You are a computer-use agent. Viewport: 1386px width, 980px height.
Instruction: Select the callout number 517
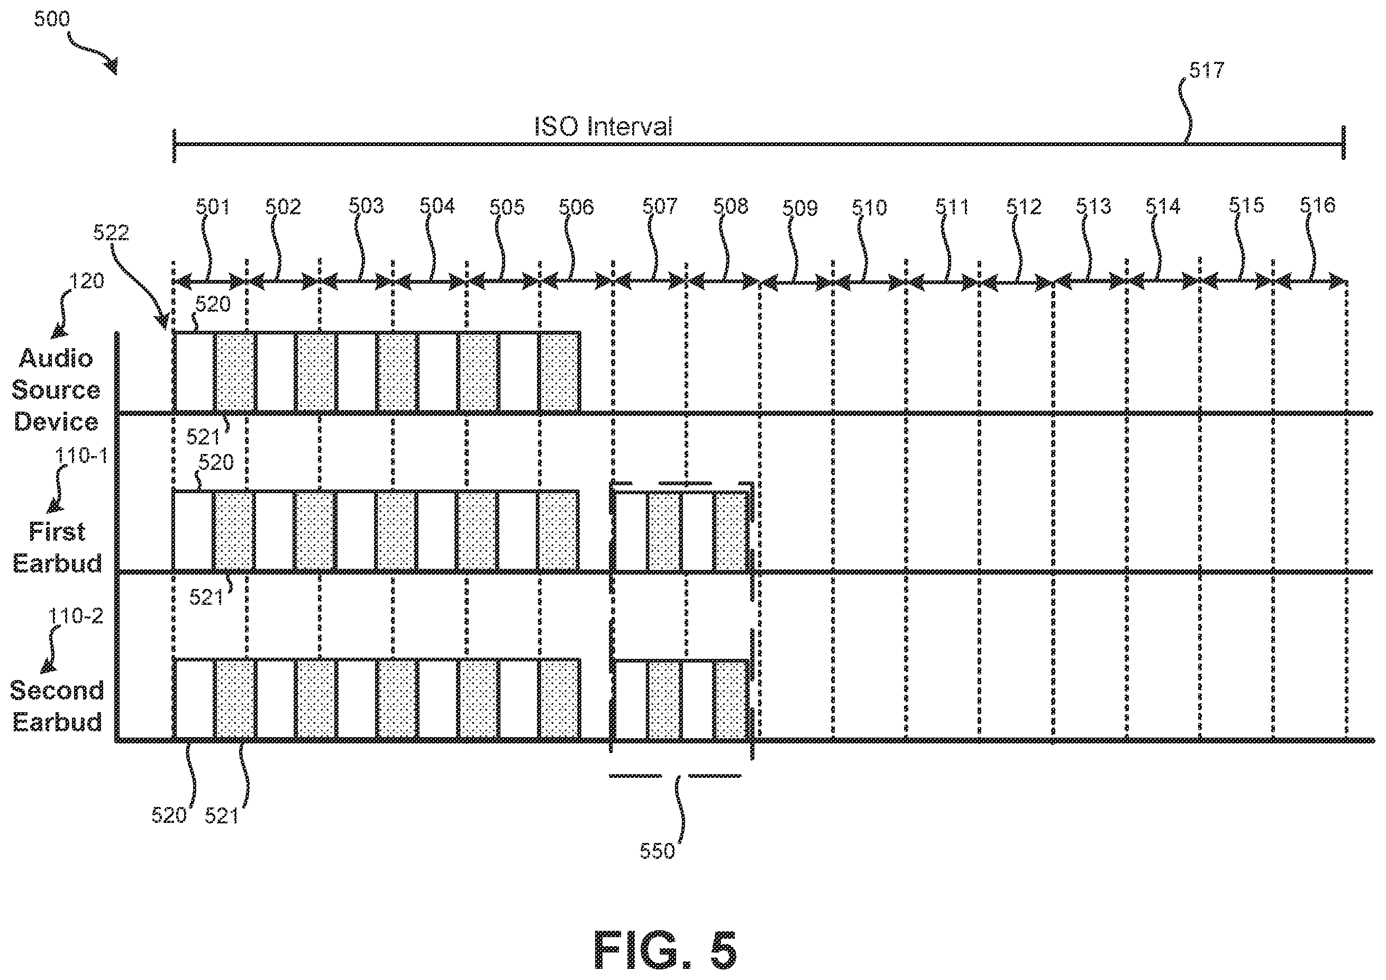coord(1207,71)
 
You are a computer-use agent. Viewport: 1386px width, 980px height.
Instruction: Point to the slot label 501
coord(213,207)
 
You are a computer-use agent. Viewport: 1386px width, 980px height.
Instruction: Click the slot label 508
coord(731,206)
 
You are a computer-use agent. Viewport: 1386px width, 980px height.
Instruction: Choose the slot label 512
coord(1024,207)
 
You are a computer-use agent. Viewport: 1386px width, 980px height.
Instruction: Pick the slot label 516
coord(1317,206)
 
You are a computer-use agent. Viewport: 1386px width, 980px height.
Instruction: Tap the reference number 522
coord(111,232)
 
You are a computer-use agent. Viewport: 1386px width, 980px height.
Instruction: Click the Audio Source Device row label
coord(56,390)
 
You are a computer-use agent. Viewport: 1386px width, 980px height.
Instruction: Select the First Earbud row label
coord(57,548)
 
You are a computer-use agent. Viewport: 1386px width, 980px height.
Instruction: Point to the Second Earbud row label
coord(57,706)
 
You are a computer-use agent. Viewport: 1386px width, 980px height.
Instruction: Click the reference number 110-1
coord(81,456)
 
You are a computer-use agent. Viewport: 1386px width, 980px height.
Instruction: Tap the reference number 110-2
coord(76,616)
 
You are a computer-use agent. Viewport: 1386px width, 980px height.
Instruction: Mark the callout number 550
coord(657,851)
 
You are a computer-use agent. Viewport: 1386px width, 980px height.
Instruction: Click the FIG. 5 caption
coord(665,950)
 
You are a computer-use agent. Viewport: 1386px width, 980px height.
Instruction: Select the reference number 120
coord(87,282)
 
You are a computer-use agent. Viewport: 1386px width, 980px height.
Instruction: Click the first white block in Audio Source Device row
coord(194,372)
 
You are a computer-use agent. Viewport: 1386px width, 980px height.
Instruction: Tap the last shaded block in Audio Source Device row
coord(560,372)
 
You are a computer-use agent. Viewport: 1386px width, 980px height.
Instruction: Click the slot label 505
coord(507,207)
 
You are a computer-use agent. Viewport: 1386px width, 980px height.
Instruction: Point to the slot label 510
coord(869,208)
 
